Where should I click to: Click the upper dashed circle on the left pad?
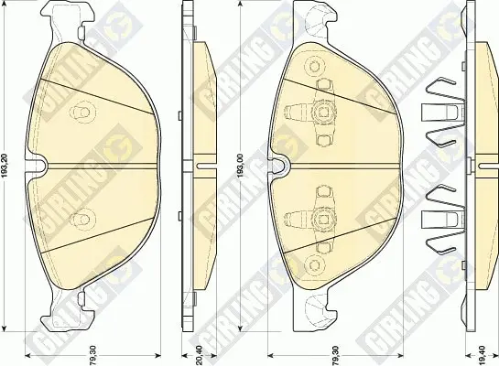click(82, 112)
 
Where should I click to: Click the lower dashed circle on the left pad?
click(82, 219)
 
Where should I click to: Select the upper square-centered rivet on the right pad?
click(323, 112)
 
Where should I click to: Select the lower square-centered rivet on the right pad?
click(323, 218)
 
